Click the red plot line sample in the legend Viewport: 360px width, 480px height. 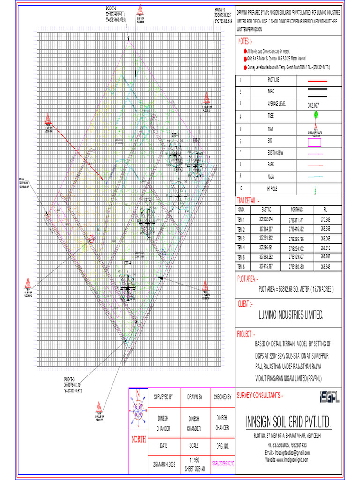[318, 81]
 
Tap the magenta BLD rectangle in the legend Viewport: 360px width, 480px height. [314, 142]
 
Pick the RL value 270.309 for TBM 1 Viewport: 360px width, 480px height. [325, 219]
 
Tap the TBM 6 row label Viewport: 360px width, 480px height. [241, 266]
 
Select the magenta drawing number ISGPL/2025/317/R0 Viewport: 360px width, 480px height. [223, 463]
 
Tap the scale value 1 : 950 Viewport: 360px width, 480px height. [194, 459]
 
